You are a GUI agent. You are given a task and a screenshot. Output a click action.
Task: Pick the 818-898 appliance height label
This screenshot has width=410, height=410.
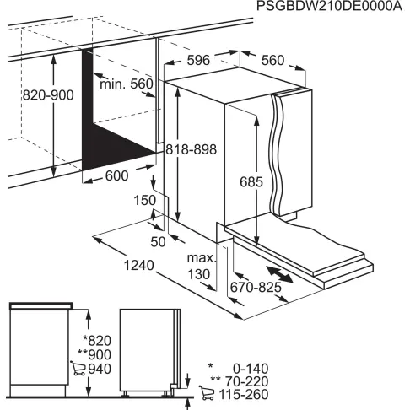191,148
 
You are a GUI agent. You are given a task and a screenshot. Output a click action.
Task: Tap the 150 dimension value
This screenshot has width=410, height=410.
144,200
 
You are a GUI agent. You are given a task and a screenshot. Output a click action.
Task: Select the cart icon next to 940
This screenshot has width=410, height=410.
78,368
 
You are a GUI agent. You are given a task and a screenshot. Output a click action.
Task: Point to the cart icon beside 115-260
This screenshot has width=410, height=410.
205,393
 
